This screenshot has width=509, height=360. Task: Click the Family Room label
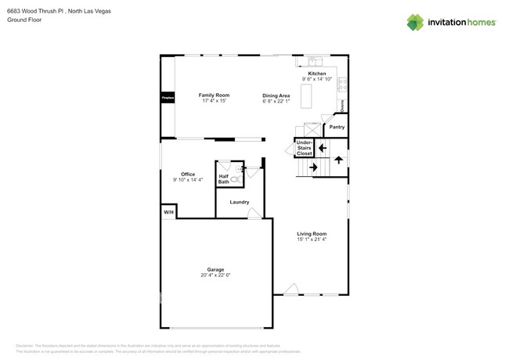click(192, 95)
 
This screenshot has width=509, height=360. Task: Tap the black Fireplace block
click(166, 99)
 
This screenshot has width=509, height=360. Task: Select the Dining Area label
click(276, 95)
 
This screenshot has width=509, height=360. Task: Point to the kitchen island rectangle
click(307, 97)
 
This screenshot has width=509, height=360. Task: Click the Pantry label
click(337, 126)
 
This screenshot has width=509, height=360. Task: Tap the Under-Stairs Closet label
click(304, 148)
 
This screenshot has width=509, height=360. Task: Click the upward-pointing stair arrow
click(338, 160)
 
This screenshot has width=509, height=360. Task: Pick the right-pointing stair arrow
click(314, 167)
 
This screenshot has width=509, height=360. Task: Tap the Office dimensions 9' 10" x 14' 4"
click(188, 180)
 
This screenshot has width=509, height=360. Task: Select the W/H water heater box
click(168, 212)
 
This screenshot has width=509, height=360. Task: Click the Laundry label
click(239, 202)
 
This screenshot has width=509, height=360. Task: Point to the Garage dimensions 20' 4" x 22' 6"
click(215, 275)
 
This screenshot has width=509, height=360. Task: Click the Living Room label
click(311, 234)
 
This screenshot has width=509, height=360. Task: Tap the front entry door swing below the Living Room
click(291, 290)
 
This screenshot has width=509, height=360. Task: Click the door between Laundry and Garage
click(254, 214)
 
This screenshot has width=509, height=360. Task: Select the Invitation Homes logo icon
click(415, 22)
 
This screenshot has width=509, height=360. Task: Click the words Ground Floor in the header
click(24, 21)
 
